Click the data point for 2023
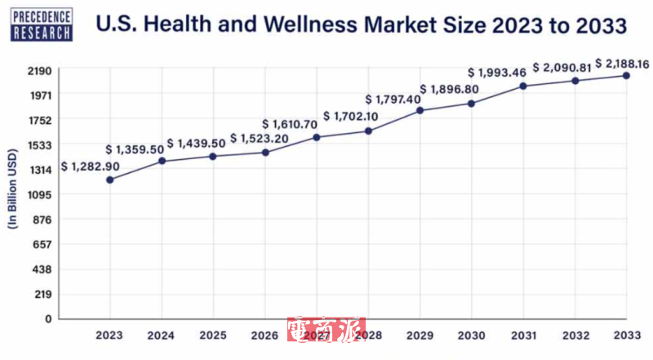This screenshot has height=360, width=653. coord(109,180)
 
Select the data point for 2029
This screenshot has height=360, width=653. coord(420,110)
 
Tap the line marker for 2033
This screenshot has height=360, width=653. coord(626,76)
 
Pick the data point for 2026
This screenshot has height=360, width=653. coord(264,153)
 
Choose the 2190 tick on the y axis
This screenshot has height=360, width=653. coord(38,71)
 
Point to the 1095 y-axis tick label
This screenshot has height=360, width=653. coord(38,195)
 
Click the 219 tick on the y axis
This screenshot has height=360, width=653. coord(42,294)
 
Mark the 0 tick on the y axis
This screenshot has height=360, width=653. coord(48,319)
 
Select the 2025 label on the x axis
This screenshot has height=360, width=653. coord(213,336)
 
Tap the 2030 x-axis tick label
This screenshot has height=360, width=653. coord(471,336)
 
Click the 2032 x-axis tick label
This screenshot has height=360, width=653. coord(575,336)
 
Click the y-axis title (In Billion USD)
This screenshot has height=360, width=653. coord(13,195)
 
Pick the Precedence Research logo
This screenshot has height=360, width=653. coord(42,22)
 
